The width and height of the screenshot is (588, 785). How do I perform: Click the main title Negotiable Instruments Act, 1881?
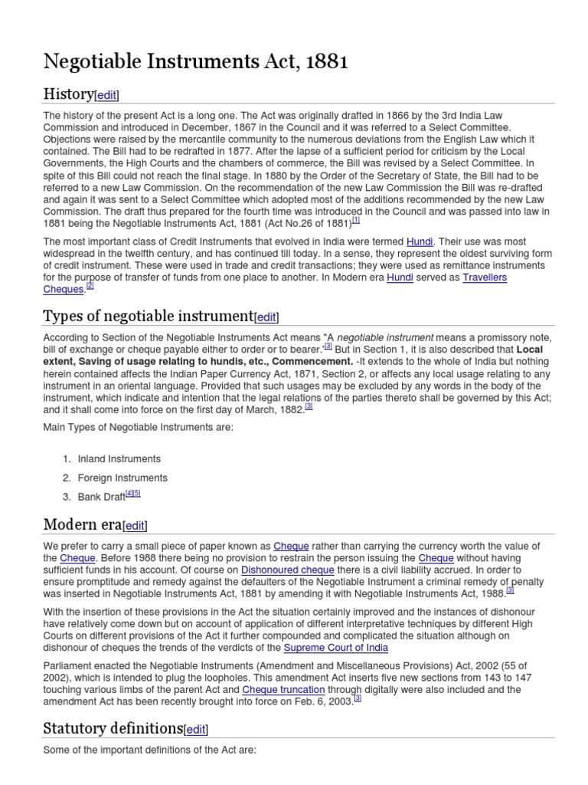point(196,62)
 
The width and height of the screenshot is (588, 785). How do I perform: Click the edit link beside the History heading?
point(107,95)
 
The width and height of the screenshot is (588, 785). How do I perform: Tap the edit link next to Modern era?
point(135,526)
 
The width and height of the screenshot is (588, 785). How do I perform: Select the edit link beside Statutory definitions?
point(196,729)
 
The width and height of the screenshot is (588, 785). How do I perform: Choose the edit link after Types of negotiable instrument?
point(267,317)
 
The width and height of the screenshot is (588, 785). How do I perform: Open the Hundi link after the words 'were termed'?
point(420,240)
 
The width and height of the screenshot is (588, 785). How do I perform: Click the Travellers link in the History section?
point(484,277)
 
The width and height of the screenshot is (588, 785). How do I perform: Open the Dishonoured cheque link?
point(288,570)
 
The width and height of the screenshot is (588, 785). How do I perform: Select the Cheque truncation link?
point(283,690)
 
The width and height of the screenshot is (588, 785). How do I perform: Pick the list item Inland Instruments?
point(119,458)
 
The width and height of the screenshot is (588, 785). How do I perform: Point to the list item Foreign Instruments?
point(122,478)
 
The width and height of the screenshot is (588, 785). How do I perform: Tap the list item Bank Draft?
point(102,497)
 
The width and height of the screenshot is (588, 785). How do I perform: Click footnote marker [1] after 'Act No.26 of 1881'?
point(356,220)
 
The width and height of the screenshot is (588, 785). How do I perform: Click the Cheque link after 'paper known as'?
point(291,546)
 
